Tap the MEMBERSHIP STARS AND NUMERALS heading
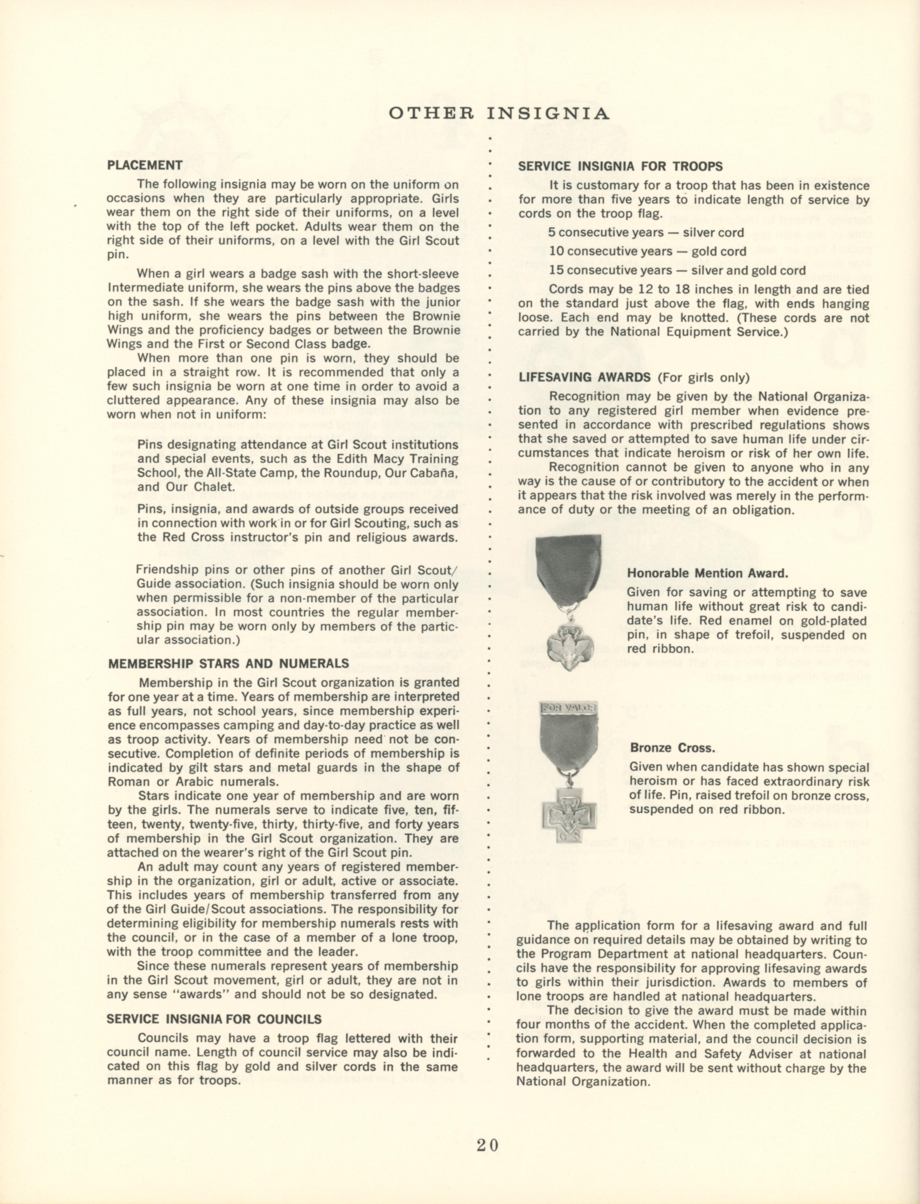point(229,663)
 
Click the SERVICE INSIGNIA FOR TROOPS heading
point(621,166)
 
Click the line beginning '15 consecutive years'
point(677,270)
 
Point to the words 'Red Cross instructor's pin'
point(246,537)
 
